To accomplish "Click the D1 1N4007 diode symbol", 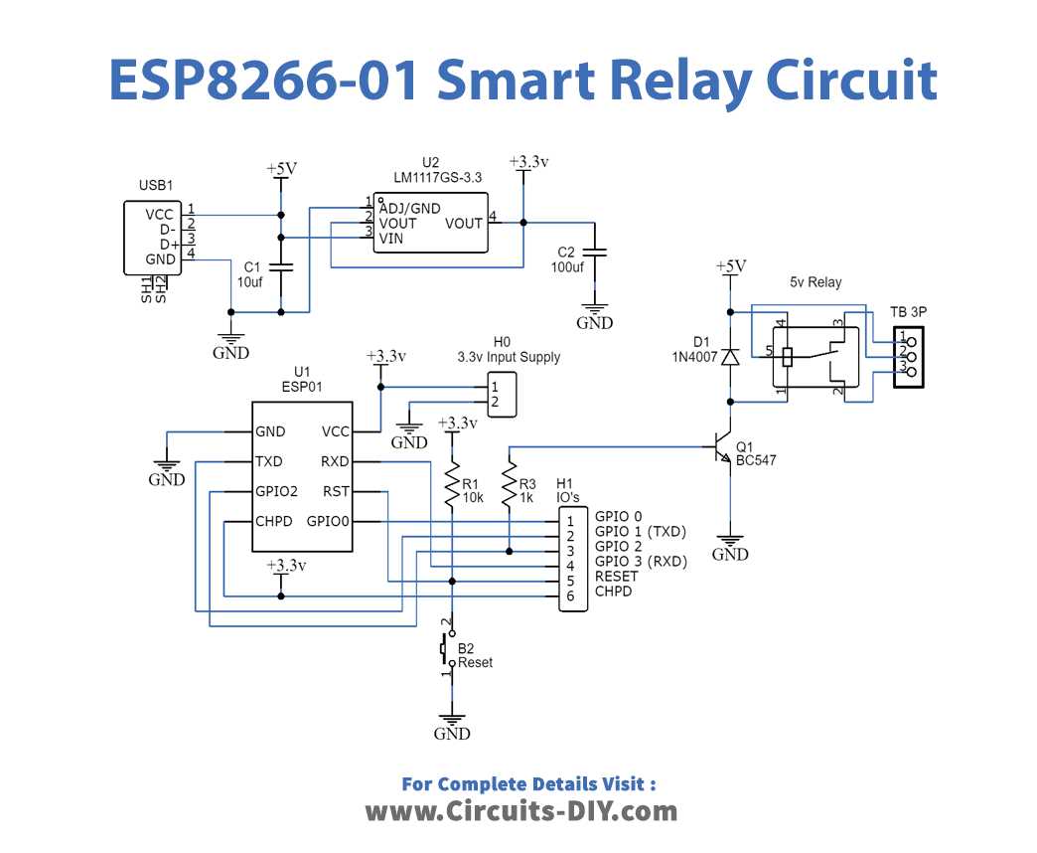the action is point(730,357).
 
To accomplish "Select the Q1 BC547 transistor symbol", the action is point(724,448).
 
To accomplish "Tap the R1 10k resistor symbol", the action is point(452,485).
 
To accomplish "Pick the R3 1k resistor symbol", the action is point(509,485).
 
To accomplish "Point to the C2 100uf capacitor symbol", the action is point(595,252).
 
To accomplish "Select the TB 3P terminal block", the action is point(908,357).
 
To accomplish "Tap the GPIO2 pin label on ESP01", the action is point(276,491).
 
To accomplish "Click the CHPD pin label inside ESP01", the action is point(274,521).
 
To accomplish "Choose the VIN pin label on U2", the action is point(390,239).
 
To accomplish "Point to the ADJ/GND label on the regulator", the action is point(409,209).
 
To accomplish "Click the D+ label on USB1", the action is point(169,245).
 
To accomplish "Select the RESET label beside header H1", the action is point(617,576).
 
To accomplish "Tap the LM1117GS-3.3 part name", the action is point(438,177).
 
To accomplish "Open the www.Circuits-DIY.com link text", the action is point(521,811).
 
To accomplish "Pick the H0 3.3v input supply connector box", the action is point(502,395).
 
